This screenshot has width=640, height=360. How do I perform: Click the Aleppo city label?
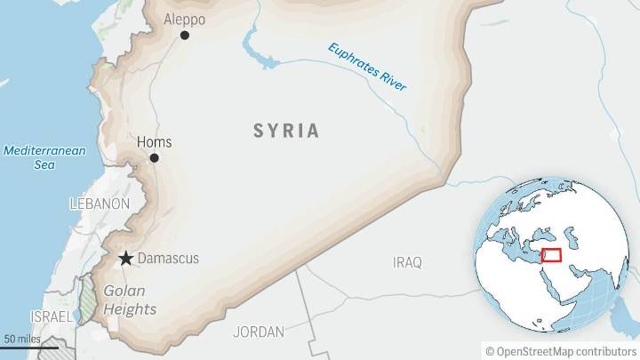coord(185,19)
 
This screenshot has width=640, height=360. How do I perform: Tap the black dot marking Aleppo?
coord(185,36)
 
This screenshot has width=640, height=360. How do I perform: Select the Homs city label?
coord(155,141)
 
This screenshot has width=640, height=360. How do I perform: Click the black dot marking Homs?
coord(154,158)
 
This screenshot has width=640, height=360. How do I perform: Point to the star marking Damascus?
coord(126,259)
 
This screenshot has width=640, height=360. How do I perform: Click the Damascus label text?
coord(170,259)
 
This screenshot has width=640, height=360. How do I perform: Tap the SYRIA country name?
coord(285,131)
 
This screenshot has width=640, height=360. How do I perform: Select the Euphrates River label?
coord(366,67)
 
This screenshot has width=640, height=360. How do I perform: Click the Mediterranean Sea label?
coord(44,157)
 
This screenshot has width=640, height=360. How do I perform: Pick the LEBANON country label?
coord(100,204)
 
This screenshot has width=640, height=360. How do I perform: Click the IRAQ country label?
coord(407,262)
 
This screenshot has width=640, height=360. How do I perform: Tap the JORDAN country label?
coord(258,332)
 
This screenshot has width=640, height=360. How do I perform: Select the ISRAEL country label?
coord(52,316)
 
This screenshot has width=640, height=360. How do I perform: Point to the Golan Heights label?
coord(130,300)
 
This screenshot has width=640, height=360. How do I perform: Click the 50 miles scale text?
coord(23,339)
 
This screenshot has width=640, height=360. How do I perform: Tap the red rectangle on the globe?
coord(550,255)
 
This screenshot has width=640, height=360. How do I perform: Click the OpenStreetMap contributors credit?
coord(561,350)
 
